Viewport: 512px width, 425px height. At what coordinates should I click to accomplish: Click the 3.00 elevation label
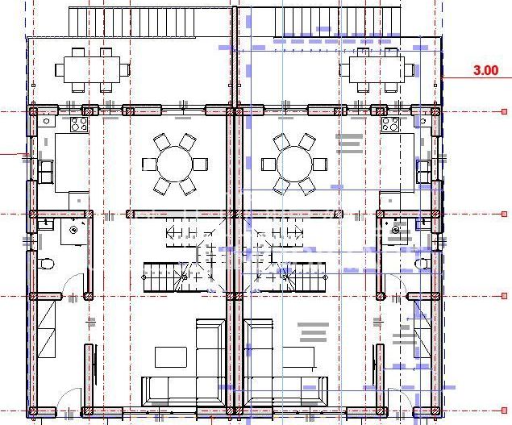tap(485, 70)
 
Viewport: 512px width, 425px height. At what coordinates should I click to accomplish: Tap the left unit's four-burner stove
tap(79, 124)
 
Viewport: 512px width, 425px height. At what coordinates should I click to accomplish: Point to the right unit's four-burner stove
tap(390, 124)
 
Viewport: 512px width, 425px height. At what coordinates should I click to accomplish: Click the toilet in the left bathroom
tap(47, 263)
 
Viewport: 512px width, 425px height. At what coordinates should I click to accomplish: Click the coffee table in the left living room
tap(170, 356)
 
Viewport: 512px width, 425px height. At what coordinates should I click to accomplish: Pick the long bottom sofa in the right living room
tap(286, 390)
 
